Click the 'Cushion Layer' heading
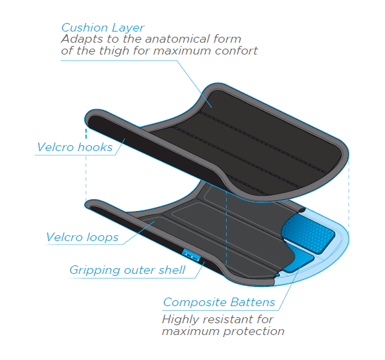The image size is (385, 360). tap(102, 28)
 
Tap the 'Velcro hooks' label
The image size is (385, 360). tap(75, 147)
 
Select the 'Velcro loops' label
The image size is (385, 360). tap(82, 237)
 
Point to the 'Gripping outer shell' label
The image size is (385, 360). tap(127, 270)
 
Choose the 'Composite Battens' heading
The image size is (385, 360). tap(219, 302)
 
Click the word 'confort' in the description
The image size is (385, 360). tap(237, 51)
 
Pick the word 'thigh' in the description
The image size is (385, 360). tap(114, 51)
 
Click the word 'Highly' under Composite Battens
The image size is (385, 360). tap(181, 319)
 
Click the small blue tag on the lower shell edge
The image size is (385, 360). tap(191, 256)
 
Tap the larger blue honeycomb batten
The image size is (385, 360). tap(308, 233)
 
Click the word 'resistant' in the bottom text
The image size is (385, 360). tap(227, 319)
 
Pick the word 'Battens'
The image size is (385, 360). tap(253, 302)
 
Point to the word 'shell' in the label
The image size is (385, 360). tap(172, 270)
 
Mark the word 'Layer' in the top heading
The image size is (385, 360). tap(128, 28)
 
